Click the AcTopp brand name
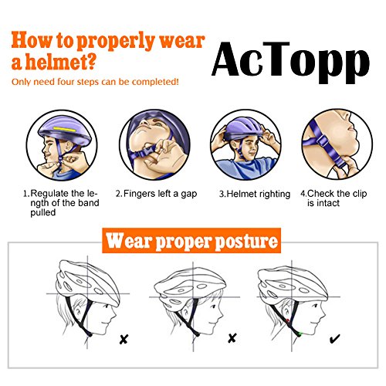coord(290,63)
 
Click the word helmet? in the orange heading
coord(61,62)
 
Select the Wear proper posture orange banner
coord(191,240)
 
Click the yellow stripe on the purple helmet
coord(65,130)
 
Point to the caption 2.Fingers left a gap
coord(156,194)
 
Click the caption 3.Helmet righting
coord(255,194)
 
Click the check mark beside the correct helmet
coord(335,339)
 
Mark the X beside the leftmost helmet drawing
coord(124,340)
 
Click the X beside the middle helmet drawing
coord(232,338)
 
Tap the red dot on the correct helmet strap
coord(287,320)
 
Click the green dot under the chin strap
coord(300,334)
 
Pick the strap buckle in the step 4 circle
coord(323,141)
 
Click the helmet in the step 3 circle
coord(243,129)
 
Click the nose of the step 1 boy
coord(44,149)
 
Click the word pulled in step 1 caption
coord(43,213)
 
